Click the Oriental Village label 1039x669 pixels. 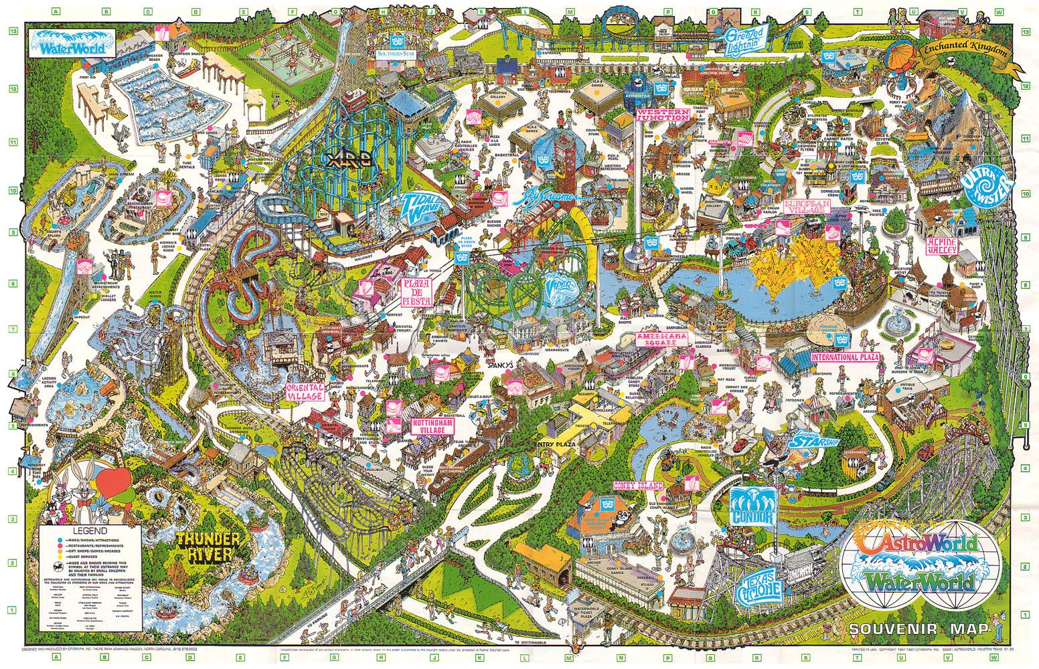(x=305, y=391)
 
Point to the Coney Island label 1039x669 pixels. (x=640, y=485)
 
